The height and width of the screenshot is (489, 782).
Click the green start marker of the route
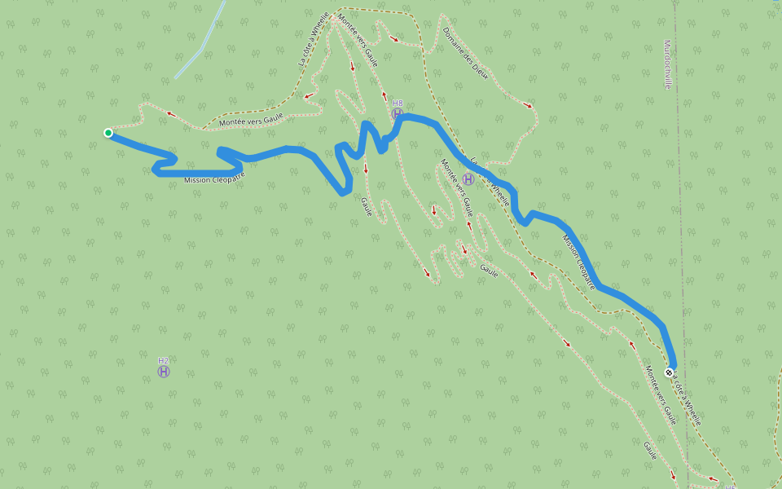coord(108,133)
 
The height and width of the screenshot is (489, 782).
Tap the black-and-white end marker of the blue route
coord(670,372)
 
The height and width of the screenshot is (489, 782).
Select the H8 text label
coord(398,104)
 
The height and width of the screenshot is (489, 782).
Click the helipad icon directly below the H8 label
coord(398,114)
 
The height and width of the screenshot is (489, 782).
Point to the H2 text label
coord(164,360)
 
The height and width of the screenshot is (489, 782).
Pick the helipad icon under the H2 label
coord(164,372)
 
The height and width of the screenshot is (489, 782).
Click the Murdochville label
coord(668,64)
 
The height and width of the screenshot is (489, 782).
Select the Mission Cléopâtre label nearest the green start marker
coord(214,178)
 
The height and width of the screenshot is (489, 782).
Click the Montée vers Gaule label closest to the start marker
coord(251,120)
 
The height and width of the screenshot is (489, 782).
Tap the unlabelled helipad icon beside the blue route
coord(468,179)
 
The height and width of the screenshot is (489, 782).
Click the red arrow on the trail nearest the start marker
coord(171,113)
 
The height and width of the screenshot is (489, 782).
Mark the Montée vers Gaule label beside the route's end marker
coord(661,395)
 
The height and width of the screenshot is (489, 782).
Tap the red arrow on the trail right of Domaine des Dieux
coord(528,104)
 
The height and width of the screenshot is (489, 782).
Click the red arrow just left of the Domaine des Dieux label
coord(395,38)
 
